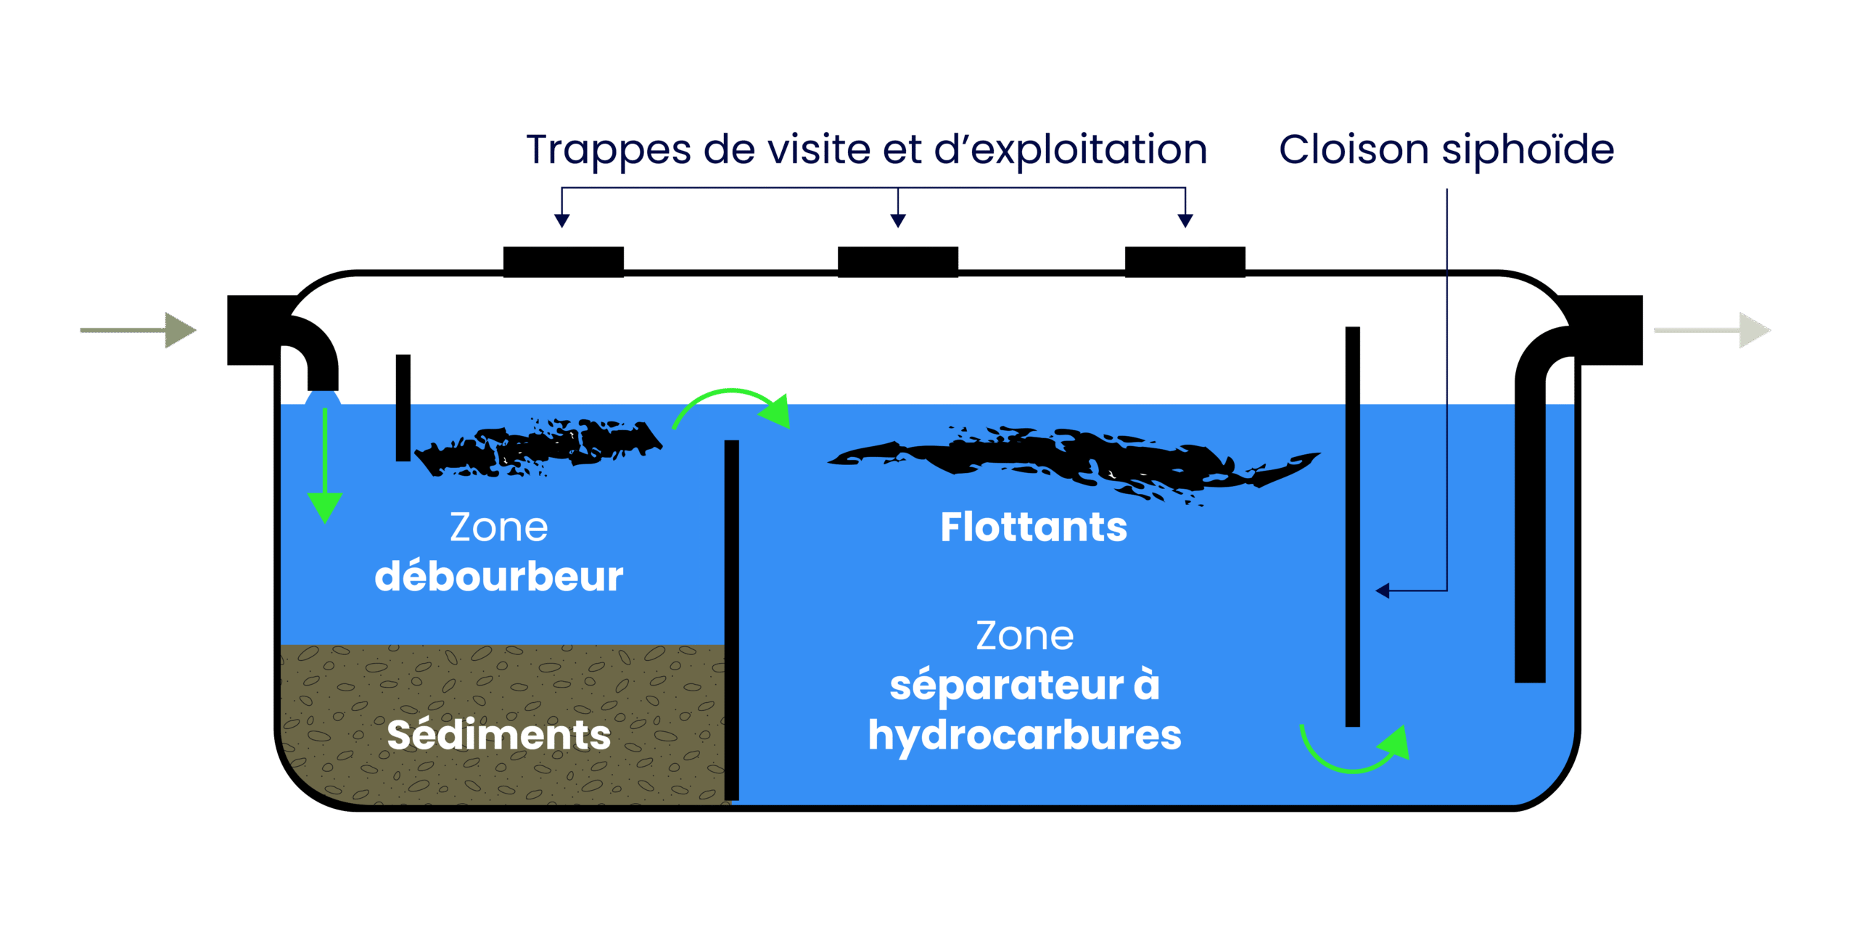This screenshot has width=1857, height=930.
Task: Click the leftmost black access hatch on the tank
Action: tap(563, 261)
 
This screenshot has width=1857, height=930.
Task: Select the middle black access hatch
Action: tap(897, 261)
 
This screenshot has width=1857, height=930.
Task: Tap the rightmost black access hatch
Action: tap(1185, 261)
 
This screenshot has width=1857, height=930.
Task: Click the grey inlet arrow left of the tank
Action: tap(138, 330)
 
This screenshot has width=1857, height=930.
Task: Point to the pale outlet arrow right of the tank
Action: tap(1712, 330)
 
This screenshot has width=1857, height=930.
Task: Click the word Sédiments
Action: tap(498, 734)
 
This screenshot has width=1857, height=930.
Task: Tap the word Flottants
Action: tap(1034, 527)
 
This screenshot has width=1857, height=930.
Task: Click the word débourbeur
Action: tap(498, 577)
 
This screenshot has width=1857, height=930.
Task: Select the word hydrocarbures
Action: tap(1024, 736)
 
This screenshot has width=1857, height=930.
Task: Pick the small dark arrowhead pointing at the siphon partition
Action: tap(1383, 590)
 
